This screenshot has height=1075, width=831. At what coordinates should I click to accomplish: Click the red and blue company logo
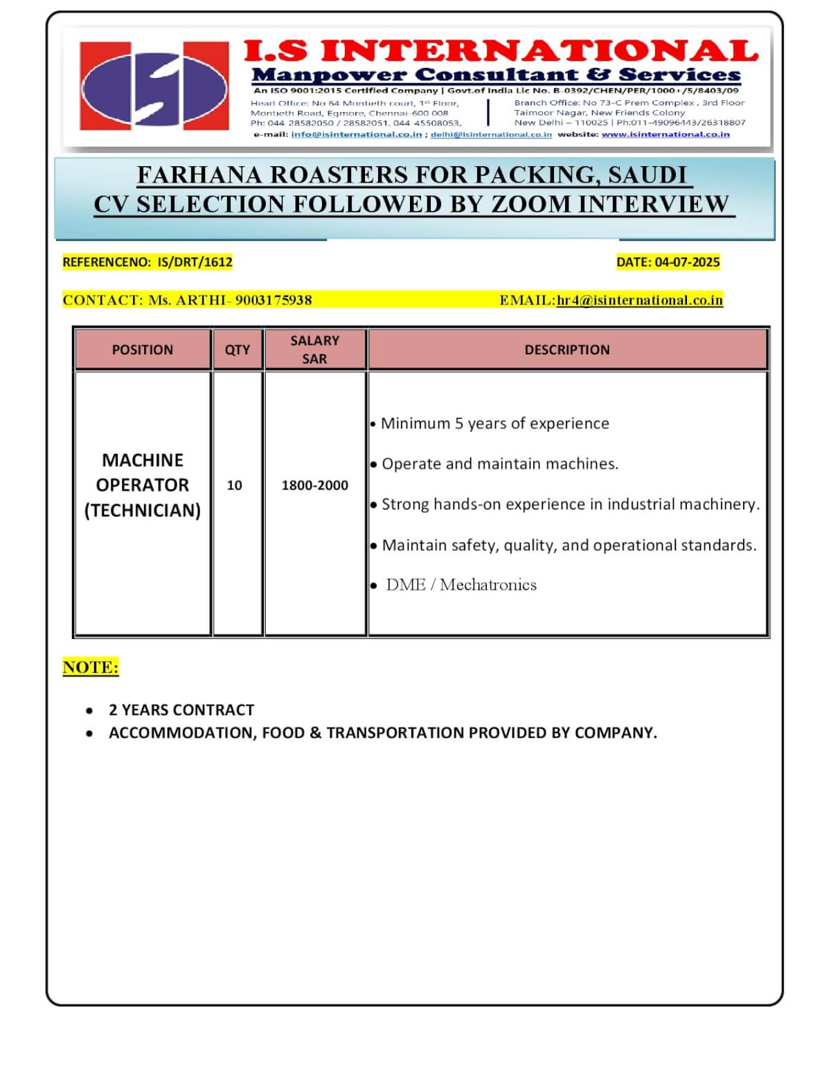tap(154, 86)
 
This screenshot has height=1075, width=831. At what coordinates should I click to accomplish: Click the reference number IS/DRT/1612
tap(195, 262)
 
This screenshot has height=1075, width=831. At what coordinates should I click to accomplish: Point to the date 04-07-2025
tap(687, 262)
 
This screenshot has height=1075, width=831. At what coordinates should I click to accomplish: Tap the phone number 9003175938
tap(274, 300)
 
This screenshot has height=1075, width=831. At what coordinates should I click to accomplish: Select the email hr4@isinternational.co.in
tap(640, 300)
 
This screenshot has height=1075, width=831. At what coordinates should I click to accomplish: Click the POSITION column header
tap(143, 350)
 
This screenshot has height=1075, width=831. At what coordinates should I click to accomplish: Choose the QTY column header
tap(238, 350)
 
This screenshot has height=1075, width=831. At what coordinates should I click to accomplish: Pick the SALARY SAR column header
tap(314, 350)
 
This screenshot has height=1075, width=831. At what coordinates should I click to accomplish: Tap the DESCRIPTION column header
tap(567, 350)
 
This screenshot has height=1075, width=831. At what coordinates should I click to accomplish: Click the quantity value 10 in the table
tap(235, 485)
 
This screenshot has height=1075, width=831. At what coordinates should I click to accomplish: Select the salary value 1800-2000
tap(314, 485)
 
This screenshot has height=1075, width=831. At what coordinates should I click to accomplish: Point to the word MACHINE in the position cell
tap(143, 460)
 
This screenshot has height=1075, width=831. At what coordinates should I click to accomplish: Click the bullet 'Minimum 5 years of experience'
tap(494, 424)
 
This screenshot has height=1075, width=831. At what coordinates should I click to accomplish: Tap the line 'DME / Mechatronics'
tap(461, 585)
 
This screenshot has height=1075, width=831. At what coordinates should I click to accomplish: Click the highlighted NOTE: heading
tap(91, 667)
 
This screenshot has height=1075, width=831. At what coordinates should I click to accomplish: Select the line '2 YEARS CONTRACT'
tap(181, 710)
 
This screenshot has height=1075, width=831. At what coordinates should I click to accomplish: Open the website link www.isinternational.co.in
tap(665, 134)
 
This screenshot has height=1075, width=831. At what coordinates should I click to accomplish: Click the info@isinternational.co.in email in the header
tap(356, 134)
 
